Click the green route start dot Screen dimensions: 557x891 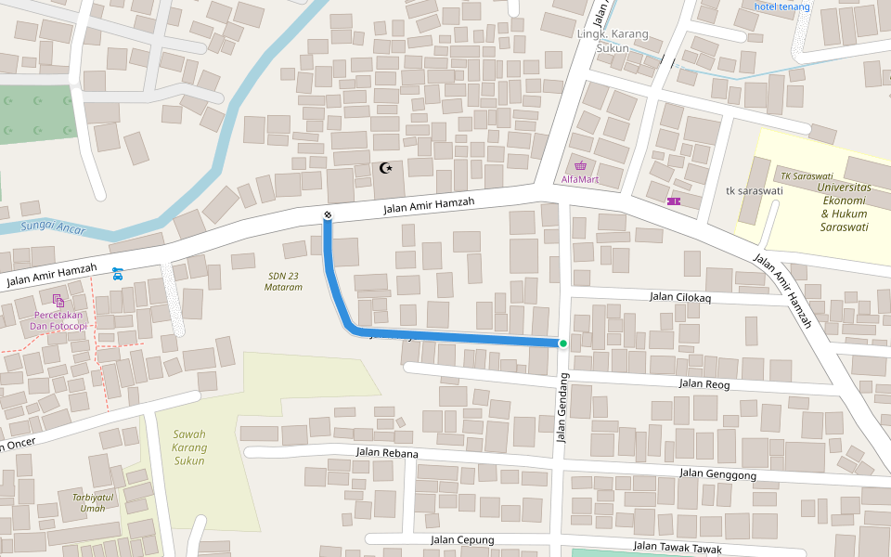pyautogui.click(x=562, y=343)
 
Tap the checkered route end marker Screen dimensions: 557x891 pyautogui.click(x=328, y=216)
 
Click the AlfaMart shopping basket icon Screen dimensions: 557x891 pyautogui.click(x=580, y=165)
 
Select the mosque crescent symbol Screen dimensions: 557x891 pyautogui.click(x=387, y=168)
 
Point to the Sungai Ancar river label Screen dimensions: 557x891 pyautogui.click(x=53, y=226)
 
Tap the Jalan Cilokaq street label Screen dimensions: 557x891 pyautogui.click(x=680, y=297)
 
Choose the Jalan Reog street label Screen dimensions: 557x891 pyautogui.click(x=704, y=383)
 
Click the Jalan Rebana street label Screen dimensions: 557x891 pyautogui.click(x=387, y=453)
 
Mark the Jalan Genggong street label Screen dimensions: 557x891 pyautogui.click(x=717, y=473)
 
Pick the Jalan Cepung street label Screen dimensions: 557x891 pyautogui.click(x=462, y=539)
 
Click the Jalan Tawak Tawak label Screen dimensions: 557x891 pyautogui.click(x=677, y=548)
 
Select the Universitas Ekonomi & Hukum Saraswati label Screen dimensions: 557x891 pyautogui.click(x=845, y=206)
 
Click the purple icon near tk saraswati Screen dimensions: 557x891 pyautogui.click(x=673, y=201)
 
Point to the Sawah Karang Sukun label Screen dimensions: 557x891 pyautogui.click(x=189, y=447)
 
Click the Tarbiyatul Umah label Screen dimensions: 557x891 pyautogui.click(x=93, y=502)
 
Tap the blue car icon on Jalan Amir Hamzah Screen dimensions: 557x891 pyautogui.click(x=117, y=273)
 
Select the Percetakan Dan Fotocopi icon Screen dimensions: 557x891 pyautogui.click(x=59, y=300)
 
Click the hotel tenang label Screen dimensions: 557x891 pyautogui.click(x=781, y=7)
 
